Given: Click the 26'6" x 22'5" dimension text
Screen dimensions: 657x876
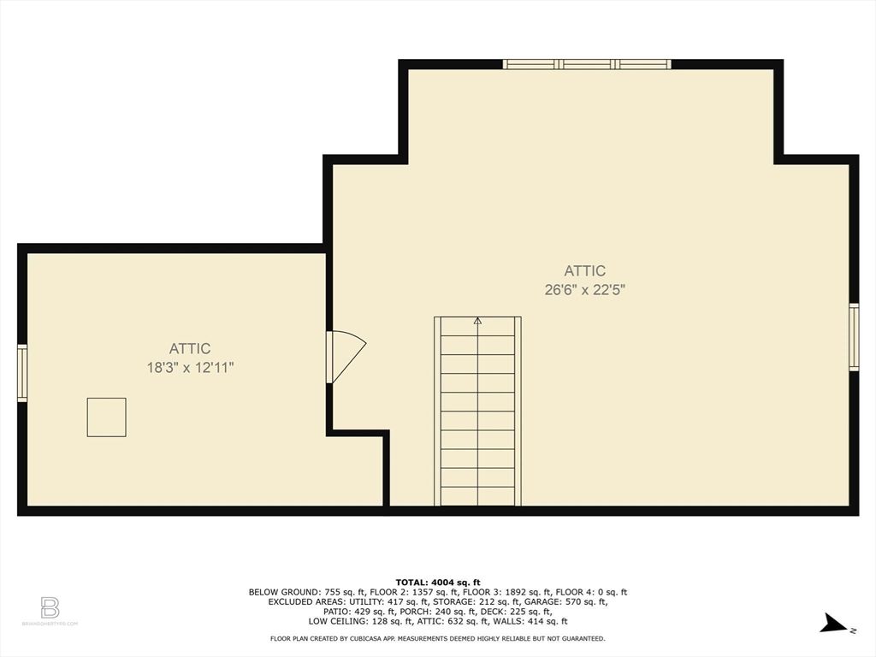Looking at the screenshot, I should click(585, 290).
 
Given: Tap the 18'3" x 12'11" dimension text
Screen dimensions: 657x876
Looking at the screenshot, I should click(190, 368).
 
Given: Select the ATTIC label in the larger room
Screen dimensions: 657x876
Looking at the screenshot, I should click(585, 271).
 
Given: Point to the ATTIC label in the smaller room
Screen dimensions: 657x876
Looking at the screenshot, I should click(190, 349).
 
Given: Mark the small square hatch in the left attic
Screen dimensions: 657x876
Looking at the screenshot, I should click(106, 417).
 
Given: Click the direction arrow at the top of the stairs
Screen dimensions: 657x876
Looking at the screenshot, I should click(477, 322).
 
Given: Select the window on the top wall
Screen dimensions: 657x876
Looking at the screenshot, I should click(586, 64).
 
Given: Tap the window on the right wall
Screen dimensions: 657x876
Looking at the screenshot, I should click(853, 337).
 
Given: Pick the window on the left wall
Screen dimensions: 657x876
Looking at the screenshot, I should click(22, 373).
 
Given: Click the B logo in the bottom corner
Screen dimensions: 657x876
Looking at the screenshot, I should click(50, 608).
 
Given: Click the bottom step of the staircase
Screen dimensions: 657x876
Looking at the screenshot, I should click(477, 496).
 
